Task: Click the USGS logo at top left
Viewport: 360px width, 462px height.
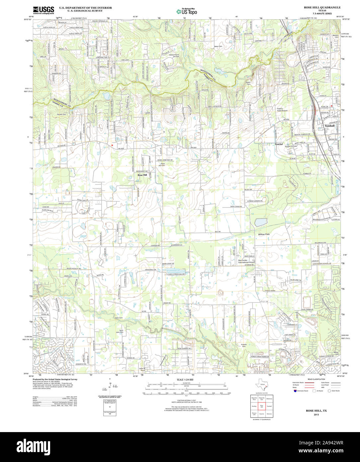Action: click(x=44, y=10)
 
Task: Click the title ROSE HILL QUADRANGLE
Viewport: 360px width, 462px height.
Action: click(x=322, y=7)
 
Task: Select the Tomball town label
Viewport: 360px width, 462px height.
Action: click(x=329, y=126)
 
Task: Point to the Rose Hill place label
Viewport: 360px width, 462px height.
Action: click(x=142, y=175)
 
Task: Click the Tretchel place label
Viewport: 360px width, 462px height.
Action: click(x=279, y=144)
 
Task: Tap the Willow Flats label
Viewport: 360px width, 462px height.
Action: click(x=264, y=234)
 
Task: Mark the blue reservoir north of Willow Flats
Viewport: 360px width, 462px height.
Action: click(x=261, y=222)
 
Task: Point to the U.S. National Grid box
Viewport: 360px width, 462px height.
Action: click(x=110, y=404)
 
